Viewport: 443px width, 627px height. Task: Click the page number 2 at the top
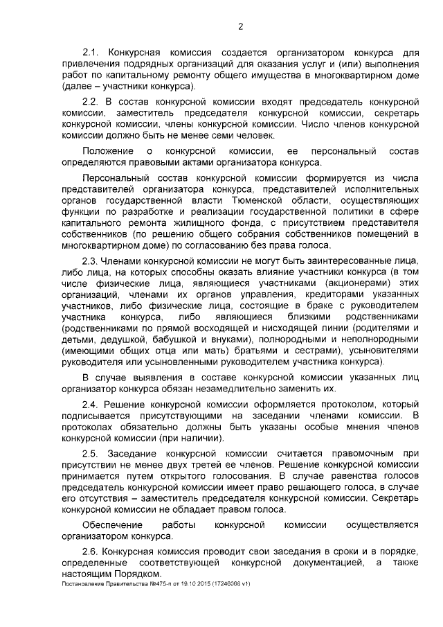click(x=240, y=27)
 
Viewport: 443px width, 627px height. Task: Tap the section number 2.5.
click(x=91, y=452)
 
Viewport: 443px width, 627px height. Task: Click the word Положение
click(x=105, y=150)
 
